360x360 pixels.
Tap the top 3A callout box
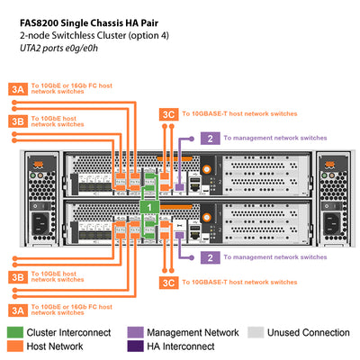pyautogui.click(x=18, y=88)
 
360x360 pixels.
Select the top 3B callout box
pyautogui.click(x=18, y=121)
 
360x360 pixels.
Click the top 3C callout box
pyautogui.click(x=167, y=114)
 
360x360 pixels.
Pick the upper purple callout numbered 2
pyautogui.click(x=209, y=138)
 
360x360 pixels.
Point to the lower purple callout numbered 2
pyautogui.click(x=209, y=256)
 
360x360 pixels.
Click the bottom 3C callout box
pyautogui.click(x=167, y=282)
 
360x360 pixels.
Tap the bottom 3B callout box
pyautogui.click(x=18, y=276)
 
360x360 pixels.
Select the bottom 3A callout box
pyautogui.click(x=18, y=310)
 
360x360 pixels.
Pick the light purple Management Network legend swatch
pyautogui.click(x=136, y=333)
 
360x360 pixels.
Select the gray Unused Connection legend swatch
pyautogui.click(x=256, y=333)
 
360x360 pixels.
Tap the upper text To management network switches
pyautogui.click(x=274, y=138)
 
